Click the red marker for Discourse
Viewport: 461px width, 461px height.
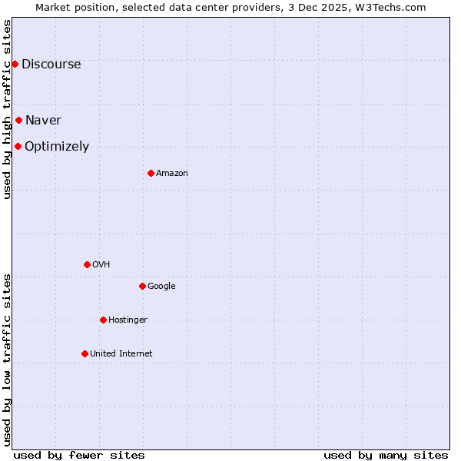click(x=15, y=64)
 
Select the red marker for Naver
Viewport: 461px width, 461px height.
click(x=18, y=120)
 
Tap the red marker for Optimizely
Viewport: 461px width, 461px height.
click(x=18, y=146)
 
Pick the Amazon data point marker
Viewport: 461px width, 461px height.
click(x=151, y=173)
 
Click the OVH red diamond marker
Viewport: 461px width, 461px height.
click(x=87, y=264)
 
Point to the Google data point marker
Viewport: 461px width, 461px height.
click(x=142, y=286)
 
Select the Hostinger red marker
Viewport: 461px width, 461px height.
click(x=103, y=320)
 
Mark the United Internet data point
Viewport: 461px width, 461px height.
click(x=85, y=353)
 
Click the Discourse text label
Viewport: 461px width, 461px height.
click(x=51, y=64)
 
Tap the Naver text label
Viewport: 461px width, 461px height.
click(x=43, y=120)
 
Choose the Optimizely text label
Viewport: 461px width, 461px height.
click(x=57, y=146)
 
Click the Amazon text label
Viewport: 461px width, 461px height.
click(x=171, y=173)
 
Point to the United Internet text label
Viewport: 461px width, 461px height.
click(x=121, y=353)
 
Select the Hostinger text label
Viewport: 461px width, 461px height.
click(x=128, y=320)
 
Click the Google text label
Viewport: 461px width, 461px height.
click(x=161, y=286)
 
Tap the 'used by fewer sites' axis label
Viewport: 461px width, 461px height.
click(x=79, y=455)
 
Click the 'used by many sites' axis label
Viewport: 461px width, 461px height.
click(x=386, y=455)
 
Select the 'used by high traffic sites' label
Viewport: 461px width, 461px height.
click(x=7, y=109)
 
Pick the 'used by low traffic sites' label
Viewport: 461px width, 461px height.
click(x=7, y=359)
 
